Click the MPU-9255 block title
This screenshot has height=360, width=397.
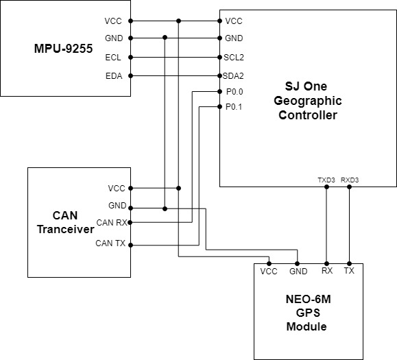[x=63, y=49]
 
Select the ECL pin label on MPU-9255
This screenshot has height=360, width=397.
[x=113, y=58]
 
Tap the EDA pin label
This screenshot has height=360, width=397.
[x=114, y=76]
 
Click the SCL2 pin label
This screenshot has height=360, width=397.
[x=234, y=58]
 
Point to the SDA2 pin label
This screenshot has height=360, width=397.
[x=233, y=76]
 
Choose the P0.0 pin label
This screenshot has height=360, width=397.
[x=234, y=92]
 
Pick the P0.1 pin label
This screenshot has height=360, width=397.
[x=234, y=107]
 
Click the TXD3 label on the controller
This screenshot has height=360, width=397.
[x=326, y=180]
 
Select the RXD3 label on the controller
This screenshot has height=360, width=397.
[x=350, y=180]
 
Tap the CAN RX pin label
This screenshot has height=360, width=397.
[x=112, y=223]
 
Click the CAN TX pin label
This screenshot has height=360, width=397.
[x=110, y=243]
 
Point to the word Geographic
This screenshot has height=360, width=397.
[x=308, y=101]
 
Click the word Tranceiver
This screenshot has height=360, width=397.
[x=66, y=229]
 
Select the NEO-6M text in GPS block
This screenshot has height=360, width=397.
[x=308, y=299]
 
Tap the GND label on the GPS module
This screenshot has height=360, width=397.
[x=298, y=272]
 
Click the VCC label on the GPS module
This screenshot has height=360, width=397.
[x=269, y=272]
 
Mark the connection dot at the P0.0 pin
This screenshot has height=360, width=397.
[x=220, y=92]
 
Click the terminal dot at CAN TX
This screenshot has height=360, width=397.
[x=131, y=245]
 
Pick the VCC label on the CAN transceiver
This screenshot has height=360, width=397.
[x=117, y=189]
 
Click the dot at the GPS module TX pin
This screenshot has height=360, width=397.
[x=350, y=263]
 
